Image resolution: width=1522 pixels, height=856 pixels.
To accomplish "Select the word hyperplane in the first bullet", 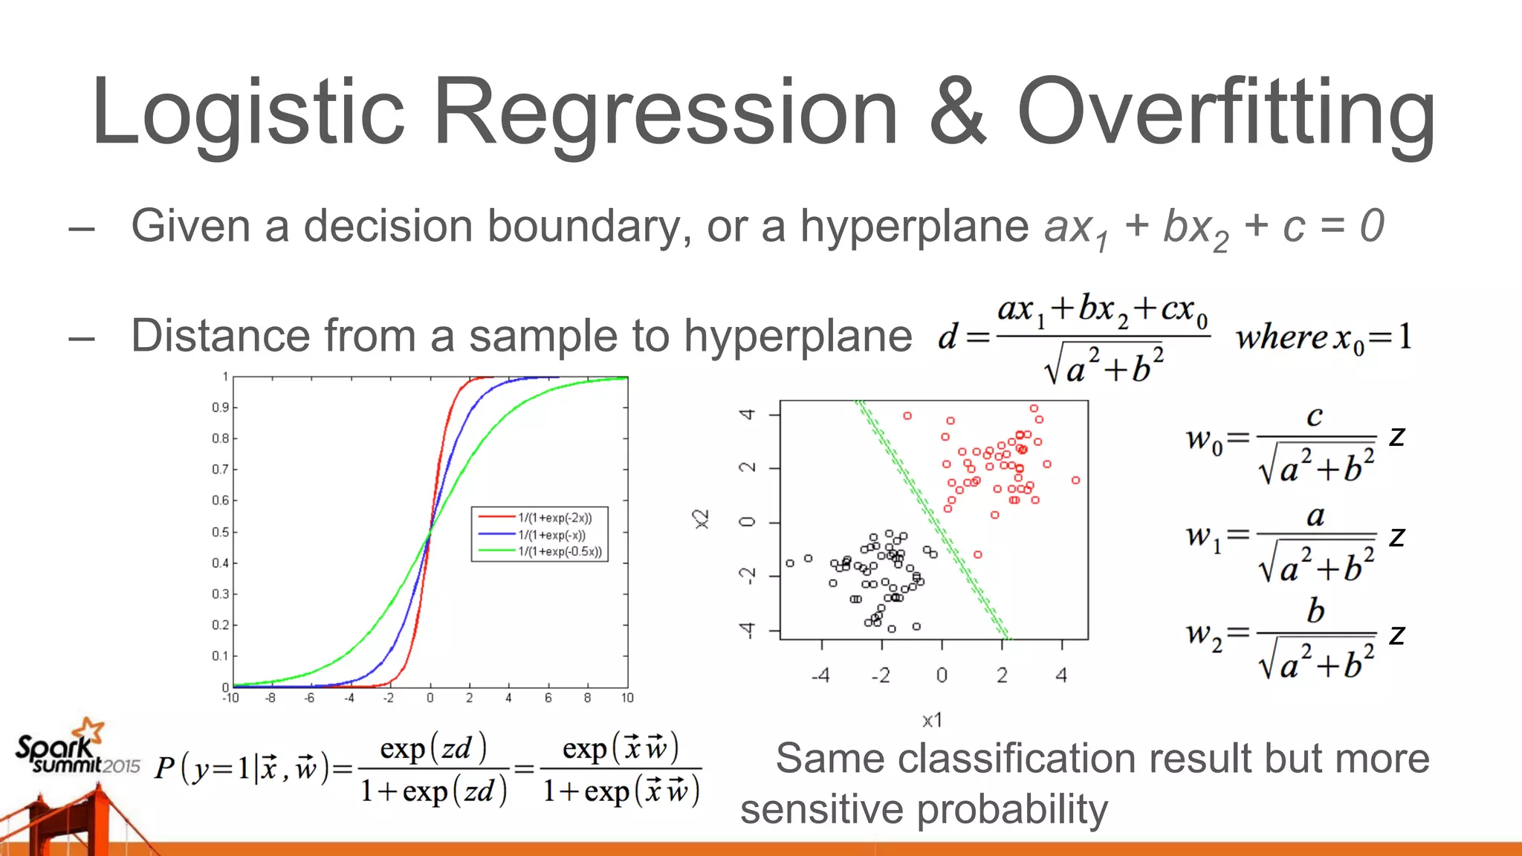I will click(914, 226).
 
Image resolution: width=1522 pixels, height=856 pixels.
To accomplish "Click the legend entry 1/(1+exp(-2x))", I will click(554, 518).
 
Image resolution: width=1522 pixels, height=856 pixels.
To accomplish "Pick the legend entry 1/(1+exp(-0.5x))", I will click(559, 551).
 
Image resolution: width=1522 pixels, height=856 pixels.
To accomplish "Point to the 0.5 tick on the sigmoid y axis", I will click(220, 532).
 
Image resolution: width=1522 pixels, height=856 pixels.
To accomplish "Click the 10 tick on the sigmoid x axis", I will click(627, 698).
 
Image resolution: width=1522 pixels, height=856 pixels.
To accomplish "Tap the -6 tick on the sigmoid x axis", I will click(309, 698).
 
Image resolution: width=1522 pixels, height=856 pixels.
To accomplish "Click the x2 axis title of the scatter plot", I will click(701, 519).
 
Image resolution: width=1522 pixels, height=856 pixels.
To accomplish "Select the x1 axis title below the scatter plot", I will click(932, 720).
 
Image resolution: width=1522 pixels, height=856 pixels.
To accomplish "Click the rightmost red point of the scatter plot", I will click(1075, 480).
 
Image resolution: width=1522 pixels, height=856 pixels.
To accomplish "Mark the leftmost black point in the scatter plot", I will click(790, 563).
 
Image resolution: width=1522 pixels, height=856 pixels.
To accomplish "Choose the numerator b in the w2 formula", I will click(1315, 611).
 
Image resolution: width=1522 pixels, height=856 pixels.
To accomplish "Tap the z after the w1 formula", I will click(1397, 536).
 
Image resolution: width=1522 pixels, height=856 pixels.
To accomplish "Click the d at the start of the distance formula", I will click(948, 337).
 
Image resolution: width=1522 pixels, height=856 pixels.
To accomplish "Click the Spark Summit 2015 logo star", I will click(91, 729).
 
